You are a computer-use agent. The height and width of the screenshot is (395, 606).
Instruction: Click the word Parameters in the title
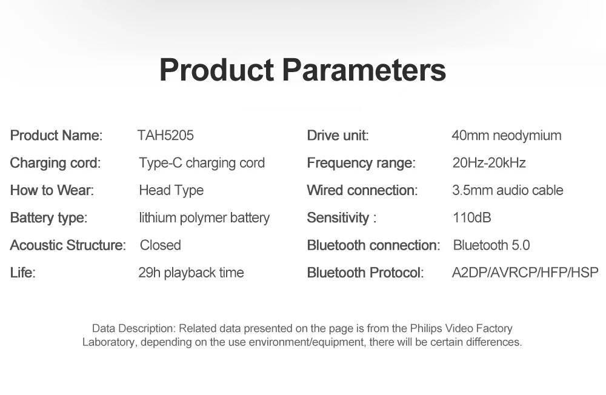tap(364, 70)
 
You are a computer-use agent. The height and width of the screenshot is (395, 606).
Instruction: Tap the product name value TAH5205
tap(165, 135)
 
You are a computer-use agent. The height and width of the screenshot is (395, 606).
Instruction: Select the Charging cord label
tap(55, 163)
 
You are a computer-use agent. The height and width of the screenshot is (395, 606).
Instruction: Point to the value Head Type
tap(171, 191)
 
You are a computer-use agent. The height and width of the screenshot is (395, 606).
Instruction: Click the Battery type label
tap(48, 218)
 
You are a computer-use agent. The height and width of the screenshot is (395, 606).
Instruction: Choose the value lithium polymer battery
tap(204, 218)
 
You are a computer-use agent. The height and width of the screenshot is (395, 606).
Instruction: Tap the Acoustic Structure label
tap(68, 245)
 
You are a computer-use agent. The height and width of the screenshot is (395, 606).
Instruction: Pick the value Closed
tap(161, 245)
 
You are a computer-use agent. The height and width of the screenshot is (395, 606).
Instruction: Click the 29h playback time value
tap(191, 273)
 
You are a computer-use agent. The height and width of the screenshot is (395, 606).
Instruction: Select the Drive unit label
tap(338, 135)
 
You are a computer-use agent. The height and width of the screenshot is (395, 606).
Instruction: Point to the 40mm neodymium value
tap(507, 136)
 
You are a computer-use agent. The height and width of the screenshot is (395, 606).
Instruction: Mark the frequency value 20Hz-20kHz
tap(489, 163)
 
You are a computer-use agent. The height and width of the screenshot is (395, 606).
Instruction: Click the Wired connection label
tap(362, 190)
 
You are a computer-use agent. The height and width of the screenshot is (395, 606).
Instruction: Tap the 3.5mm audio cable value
tap(507, 190)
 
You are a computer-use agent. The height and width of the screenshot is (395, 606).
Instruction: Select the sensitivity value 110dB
tap(472, 217)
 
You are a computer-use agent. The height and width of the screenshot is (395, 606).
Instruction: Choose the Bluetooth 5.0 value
tap(491, 245)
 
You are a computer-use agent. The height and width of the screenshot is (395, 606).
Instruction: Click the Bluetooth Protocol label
tap(365, 273)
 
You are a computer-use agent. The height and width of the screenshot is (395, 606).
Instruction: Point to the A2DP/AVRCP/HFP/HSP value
tap(525, 273)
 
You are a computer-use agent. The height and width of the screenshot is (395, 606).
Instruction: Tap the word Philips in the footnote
tap(426, 328)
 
